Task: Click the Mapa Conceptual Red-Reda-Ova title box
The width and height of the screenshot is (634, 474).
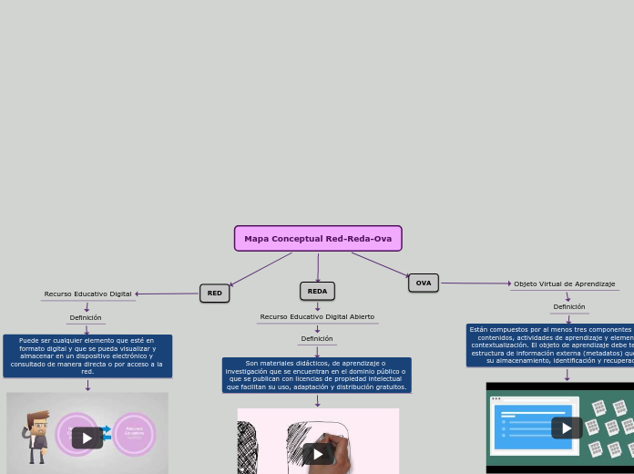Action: pos(318,239)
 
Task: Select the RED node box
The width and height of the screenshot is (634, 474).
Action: pos(214,294)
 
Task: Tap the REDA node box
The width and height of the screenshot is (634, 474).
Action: pos(317,291)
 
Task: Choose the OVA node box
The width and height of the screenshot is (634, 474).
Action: pos(424,283)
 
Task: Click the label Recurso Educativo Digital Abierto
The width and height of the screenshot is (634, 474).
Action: pos(317,317)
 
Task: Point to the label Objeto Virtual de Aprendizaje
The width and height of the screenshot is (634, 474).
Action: pos(564,284)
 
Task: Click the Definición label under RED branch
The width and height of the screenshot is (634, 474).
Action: pos(86,318)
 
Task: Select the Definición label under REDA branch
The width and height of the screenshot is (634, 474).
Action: pos(317,339)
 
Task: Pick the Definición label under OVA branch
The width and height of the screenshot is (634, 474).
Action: pos(569,307)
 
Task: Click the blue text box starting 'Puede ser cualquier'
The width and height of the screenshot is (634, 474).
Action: pos(87,355)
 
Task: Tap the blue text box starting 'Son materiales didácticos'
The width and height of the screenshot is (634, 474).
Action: pos(317,375)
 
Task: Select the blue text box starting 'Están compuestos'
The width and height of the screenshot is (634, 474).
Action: pos(551,345)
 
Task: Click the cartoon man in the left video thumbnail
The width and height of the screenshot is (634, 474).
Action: pos(36,436)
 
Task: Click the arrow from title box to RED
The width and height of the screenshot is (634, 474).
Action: pos(261,269)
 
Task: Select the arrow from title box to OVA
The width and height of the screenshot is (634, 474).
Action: pos(380,264)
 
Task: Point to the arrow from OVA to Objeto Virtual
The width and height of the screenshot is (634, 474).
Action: pos(475,283)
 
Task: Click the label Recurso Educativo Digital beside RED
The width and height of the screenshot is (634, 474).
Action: pos(87,294)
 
